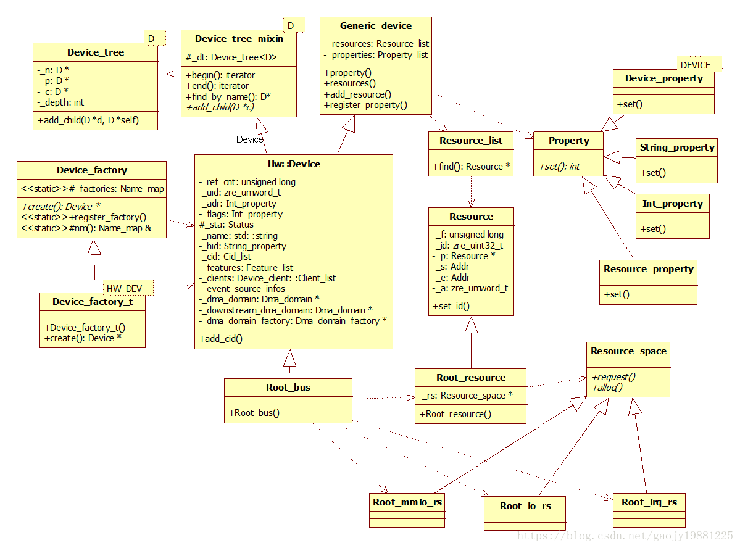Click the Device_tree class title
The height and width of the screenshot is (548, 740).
(x=96, y=52)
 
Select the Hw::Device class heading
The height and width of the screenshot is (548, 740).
(x=294, y=164)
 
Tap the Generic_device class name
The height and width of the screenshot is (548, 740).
(x=376, y=26)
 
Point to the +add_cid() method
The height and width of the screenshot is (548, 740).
(x=220, y=338)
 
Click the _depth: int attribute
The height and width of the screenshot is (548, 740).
(x=61, y=102)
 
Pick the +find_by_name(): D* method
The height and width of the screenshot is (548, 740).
(x=228, y=97)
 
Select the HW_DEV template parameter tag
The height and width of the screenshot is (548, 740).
(x=124, y=288)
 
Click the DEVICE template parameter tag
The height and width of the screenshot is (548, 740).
(x=695, y=65)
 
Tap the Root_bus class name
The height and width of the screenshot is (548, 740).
(x=288, y=388)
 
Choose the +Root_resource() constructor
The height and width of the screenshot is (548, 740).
(x=455, y=413)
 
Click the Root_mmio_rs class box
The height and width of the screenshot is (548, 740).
(x=407, y=510)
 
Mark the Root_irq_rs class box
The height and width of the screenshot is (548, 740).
(x=649, y=510)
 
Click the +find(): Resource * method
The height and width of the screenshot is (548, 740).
(x=471, y=167)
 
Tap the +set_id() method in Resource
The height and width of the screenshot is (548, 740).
(x=451, y=305)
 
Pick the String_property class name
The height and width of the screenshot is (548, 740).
(x=677, y=147)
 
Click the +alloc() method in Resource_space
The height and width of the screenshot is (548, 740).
(x=607, y=387)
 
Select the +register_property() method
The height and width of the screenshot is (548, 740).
(x=365, y=105)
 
